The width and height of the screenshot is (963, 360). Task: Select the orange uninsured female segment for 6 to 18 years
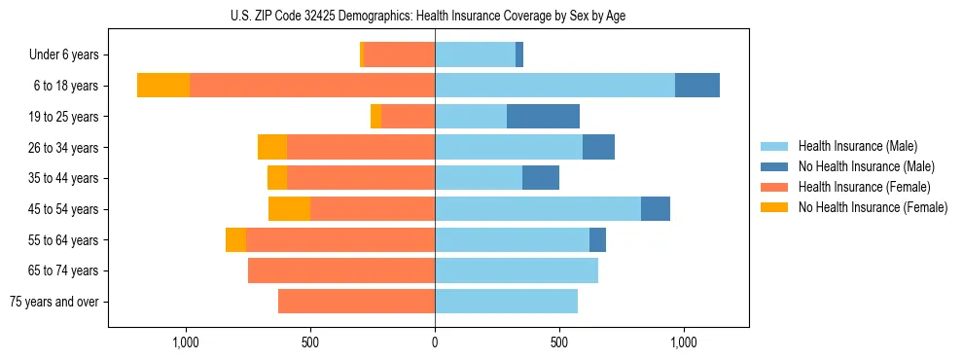[163, 86]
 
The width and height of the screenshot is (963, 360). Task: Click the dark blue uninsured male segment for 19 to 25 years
[543, 117]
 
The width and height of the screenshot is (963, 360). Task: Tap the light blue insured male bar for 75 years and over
[506, 301]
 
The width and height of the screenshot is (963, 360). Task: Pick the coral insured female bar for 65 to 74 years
[341, 270]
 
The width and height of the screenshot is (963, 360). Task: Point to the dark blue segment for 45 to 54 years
[656, 209]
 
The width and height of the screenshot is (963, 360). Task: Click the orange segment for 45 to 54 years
[289, 209]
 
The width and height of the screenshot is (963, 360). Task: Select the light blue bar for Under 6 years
[475, 54]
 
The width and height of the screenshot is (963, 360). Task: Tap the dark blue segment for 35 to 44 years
[541, 178]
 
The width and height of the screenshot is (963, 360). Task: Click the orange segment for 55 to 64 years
[235, 239]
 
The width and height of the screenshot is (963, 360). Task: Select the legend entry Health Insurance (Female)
[864, 187]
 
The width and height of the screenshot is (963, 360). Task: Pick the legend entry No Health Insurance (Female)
[873, 206]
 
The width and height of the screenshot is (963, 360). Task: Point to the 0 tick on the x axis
[435, 342]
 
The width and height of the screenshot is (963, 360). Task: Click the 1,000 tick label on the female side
[186, 342]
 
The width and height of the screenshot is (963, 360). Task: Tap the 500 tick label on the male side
[558, 342]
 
